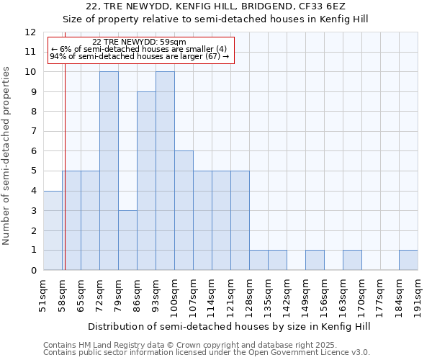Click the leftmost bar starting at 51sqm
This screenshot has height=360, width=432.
(53, 230)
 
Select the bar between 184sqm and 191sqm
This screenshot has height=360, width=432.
(408, 260)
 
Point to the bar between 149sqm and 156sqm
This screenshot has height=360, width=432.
(315, 260)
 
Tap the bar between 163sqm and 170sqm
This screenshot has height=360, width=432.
(352, 260)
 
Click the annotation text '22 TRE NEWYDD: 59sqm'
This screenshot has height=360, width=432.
(140, 42)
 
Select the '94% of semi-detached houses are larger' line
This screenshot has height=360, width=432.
(140, 56)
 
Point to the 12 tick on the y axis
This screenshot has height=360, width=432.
(30, 32)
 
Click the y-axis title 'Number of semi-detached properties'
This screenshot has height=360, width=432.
(6, 156)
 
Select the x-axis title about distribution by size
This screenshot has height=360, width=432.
(230, 326)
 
